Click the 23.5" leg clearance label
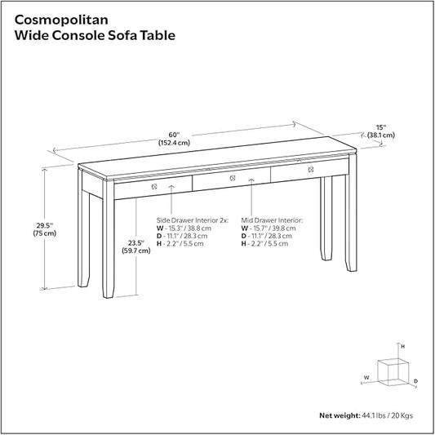click(x=136, y=246)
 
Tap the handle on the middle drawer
click(x=231, y=179)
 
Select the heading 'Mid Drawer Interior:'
click(x=272, y=220)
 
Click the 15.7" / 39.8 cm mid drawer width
click(x=273, y=229)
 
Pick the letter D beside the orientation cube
click(x=415, y=381)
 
